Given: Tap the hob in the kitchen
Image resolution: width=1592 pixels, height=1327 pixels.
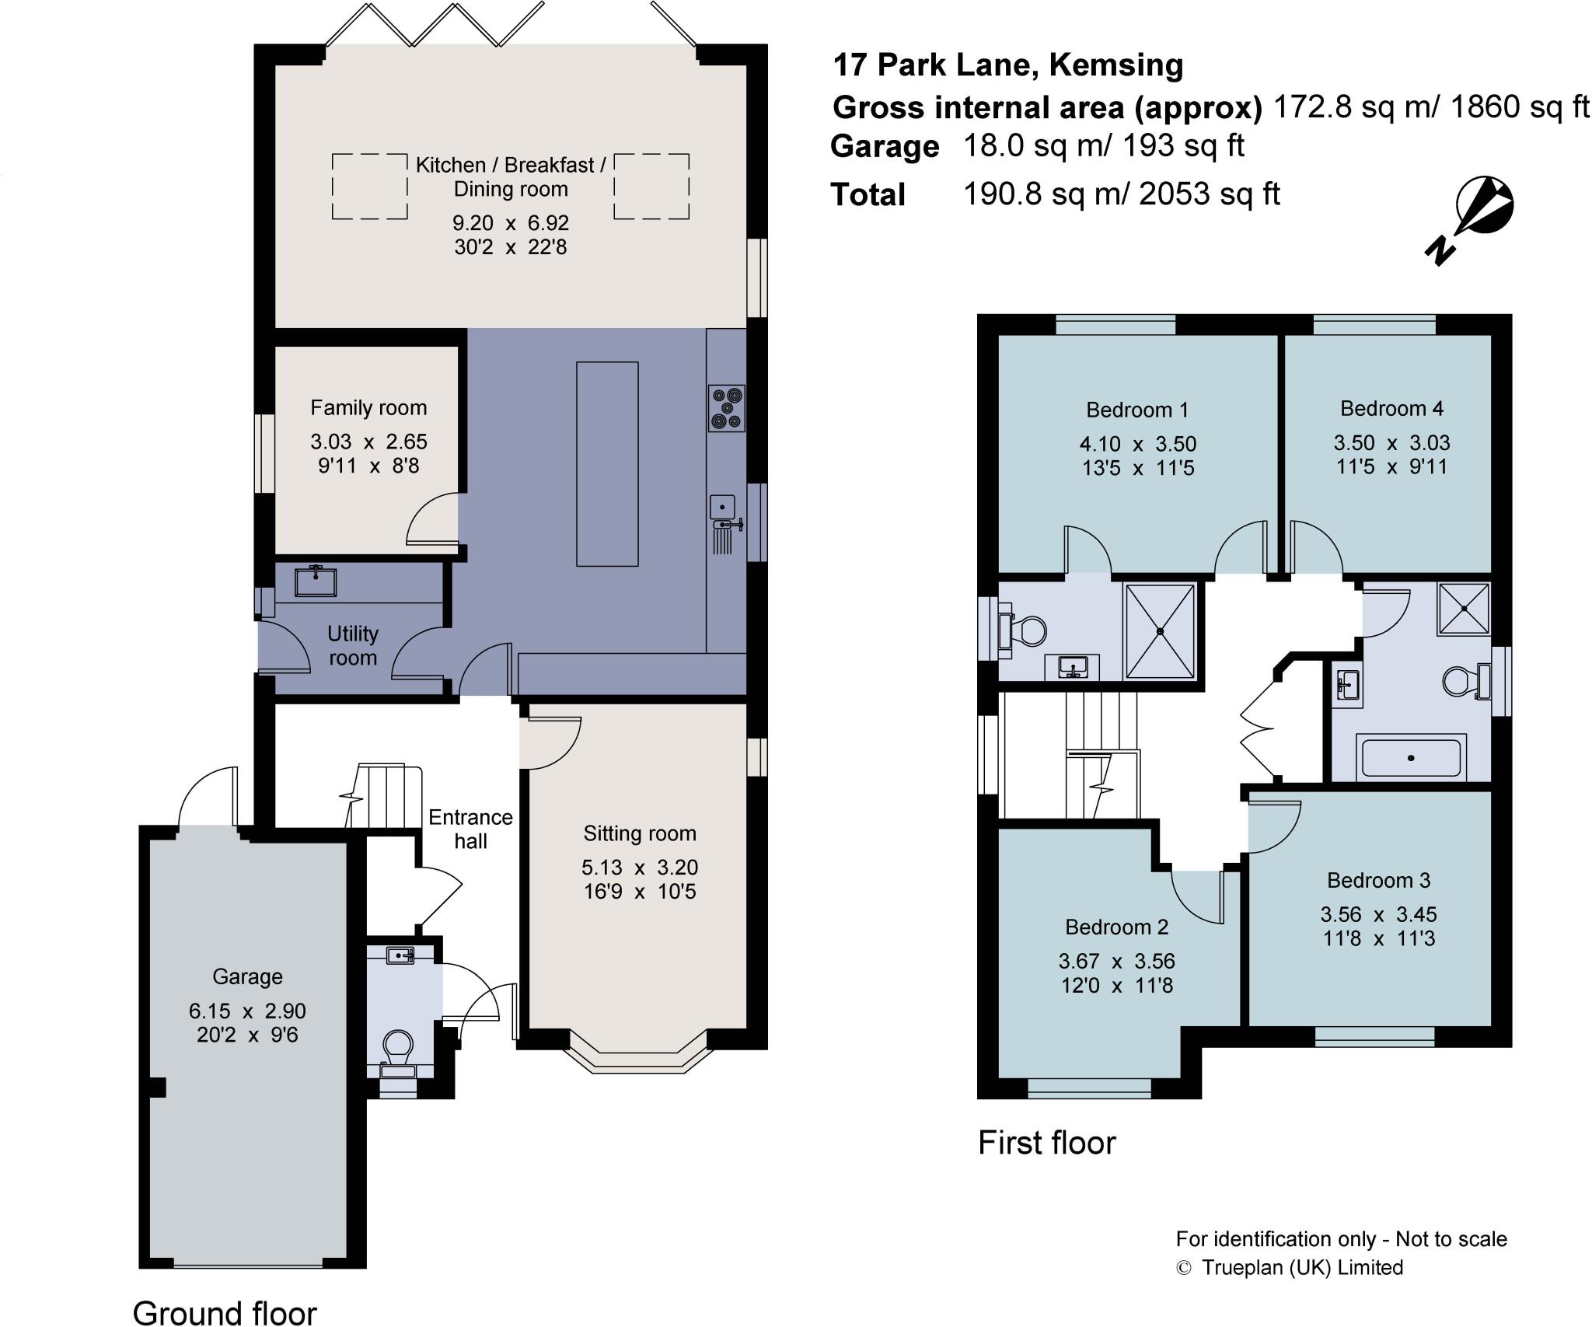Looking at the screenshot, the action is coord(726,408).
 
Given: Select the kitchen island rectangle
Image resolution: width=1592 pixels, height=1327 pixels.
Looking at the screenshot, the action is coord(607,464).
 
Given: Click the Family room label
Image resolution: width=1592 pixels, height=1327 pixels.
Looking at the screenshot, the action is coord(368,408).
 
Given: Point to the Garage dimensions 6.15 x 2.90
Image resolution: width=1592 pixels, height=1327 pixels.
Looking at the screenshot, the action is coord(247,1011).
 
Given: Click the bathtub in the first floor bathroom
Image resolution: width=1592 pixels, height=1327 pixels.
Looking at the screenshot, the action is coord(1411,757).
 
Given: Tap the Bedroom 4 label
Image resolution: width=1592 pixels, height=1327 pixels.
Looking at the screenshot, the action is coord(1391,409).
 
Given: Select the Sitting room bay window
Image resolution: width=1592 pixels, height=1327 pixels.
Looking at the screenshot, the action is coord(638,1054).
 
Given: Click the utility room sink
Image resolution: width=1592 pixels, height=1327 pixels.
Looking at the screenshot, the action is coord(316,581).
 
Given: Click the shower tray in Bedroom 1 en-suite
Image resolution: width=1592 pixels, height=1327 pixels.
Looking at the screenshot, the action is coord(1160,631).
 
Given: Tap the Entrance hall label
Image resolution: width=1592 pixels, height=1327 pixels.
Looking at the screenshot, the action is coord(470,829).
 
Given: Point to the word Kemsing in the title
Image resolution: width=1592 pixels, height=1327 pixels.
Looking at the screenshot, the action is coord(1115,65).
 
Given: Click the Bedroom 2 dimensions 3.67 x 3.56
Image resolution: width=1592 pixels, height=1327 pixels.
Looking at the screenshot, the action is coord(1116,962).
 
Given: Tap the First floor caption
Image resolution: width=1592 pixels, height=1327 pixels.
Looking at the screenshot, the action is coord(1046,1143).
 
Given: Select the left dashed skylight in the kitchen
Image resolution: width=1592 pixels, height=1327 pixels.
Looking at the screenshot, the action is coord(370,187).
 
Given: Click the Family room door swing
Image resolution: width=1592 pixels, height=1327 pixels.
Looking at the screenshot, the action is coord(433,519).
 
